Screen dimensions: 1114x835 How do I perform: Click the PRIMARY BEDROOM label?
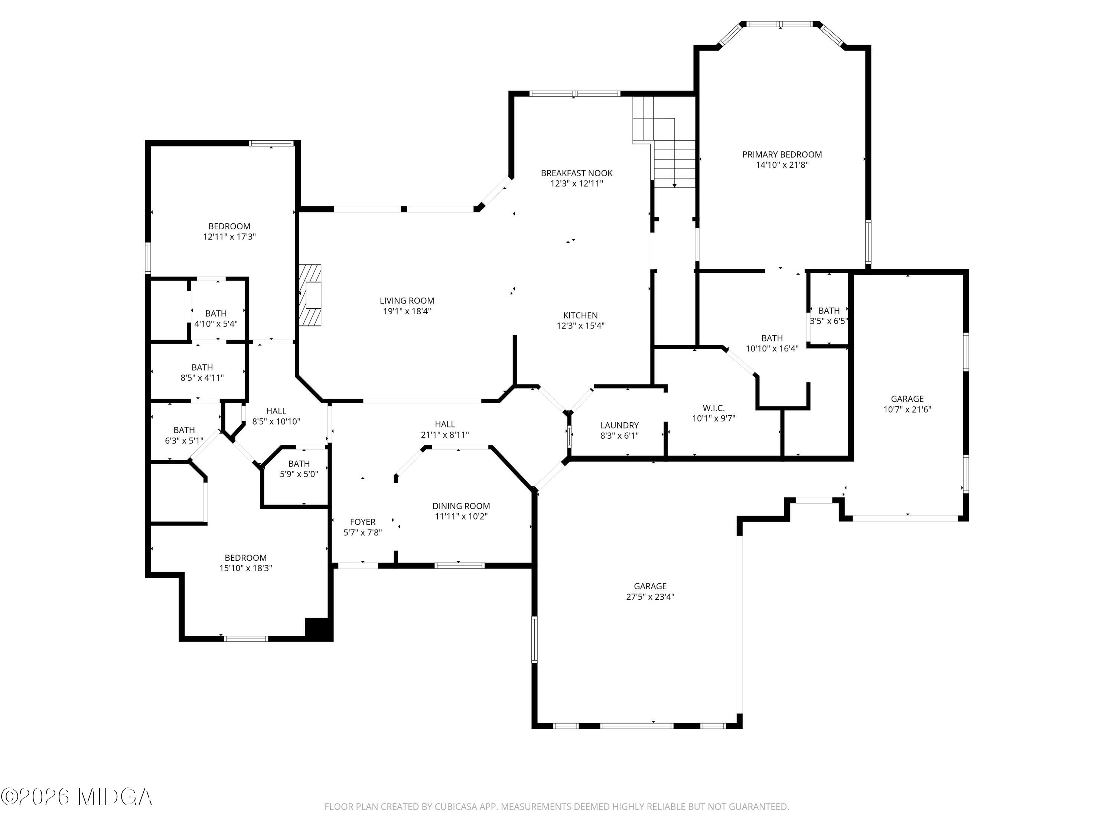[782, 154]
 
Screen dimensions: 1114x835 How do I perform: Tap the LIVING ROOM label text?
[407, 301]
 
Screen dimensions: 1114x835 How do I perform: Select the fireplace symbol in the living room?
[310, 295]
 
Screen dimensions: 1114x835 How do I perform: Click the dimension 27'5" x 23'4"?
[650, 596]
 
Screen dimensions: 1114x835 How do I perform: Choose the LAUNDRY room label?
[619, 425]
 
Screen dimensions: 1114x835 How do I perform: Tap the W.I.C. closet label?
[714, 408]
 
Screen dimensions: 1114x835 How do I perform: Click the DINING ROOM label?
[461, 506]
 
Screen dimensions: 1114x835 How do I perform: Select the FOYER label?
[362, 522]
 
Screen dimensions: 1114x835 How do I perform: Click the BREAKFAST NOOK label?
[577, 173]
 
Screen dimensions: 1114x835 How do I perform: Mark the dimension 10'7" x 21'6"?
[907, 409]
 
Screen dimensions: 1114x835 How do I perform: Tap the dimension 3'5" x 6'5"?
[829, 321]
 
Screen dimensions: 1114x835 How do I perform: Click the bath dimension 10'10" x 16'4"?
[772, 348]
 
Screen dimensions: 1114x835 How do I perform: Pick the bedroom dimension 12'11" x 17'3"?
[229, 236]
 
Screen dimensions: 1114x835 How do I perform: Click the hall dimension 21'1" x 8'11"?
[445, 434]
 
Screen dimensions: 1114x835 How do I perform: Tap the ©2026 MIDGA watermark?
[76, 797]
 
